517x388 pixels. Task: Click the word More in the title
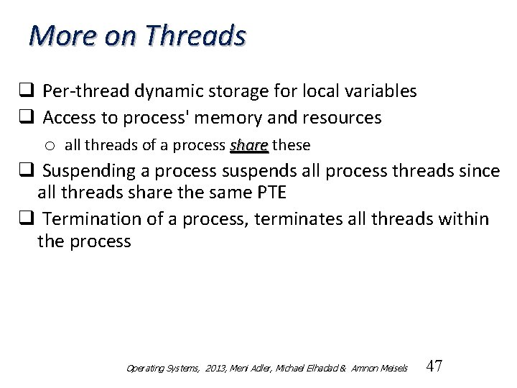coord(59,34)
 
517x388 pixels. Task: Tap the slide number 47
coord(434,366)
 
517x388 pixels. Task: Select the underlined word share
coord(248,145)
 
